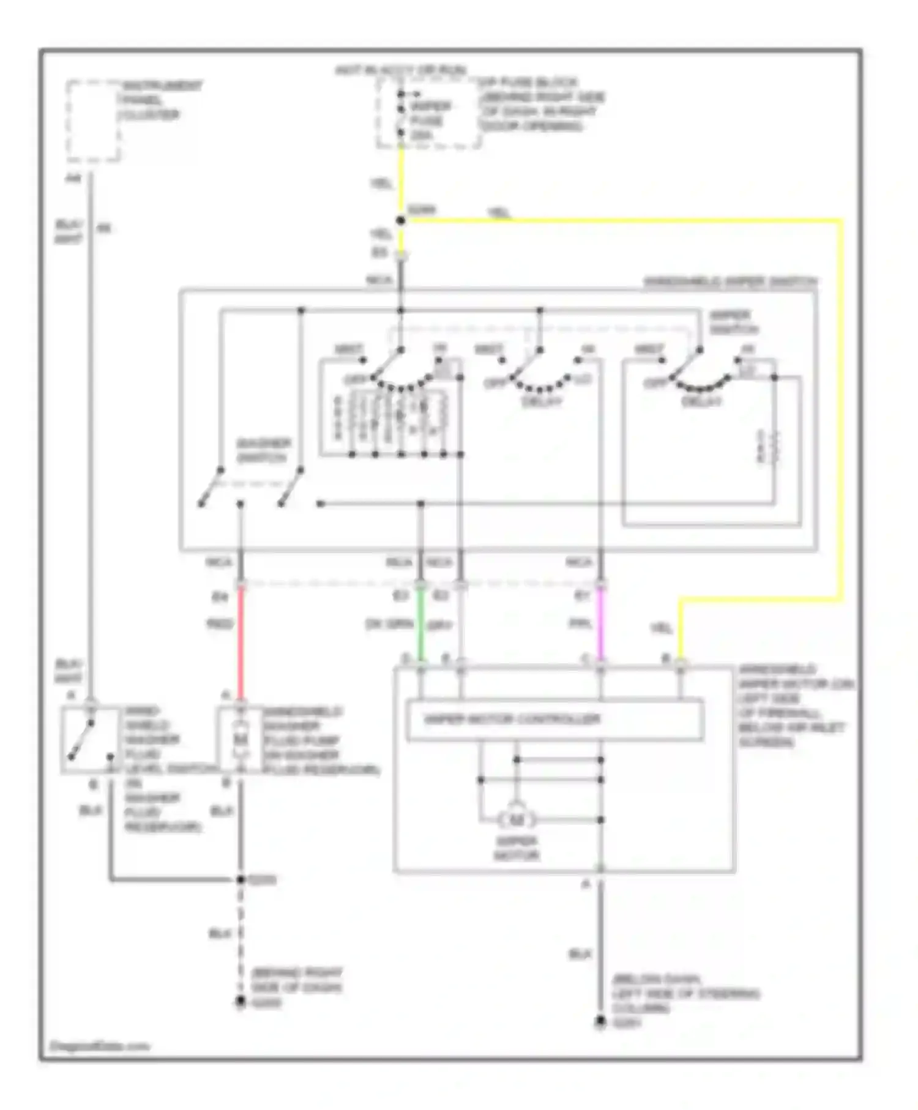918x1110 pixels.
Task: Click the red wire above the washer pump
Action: [241, 643]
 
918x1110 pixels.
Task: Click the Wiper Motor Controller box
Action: [554, 720]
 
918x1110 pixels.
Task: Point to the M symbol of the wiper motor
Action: [517, 819]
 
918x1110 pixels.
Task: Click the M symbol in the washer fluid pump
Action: [241, 739]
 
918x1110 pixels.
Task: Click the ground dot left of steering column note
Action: [600, 1022]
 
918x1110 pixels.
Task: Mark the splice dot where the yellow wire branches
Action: [401, 220]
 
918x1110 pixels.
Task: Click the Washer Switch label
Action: [264, 450]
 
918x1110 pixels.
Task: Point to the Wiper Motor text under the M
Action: [517, 848]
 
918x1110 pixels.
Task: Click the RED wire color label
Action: [220, 625]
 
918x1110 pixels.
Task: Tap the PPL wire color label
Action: [580, 624]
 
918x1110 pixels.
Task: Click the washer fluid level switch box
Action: [91, 740]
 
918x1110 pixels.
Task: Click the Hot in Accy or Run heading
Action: [401, 70]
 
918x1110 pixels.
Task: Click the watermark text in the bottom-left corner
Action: [99, 1046]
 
